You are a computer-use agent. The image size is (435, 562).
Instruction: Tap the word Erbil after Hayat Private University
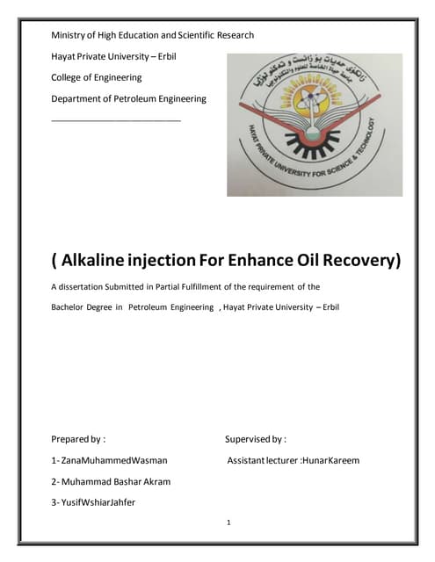tap(192, 56)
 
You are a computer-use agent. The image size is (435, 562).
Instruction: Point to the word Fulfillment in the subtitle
tap(211, 286)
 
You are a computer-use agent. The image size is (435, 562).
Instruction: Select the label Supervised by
tap(256, 438)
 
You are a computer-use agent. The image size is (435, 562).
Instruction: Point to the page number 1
tap(228, 522)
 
